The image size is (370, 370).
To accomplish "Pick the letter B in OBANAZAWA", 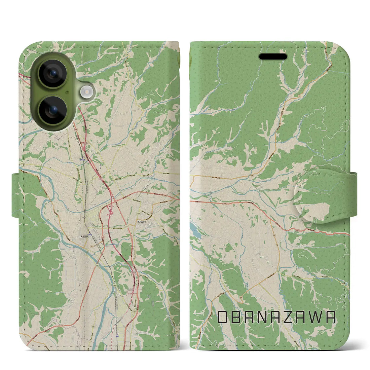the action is click(237, 317).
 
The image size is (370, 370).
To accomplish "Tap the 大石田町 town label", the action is click(85, 236).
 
